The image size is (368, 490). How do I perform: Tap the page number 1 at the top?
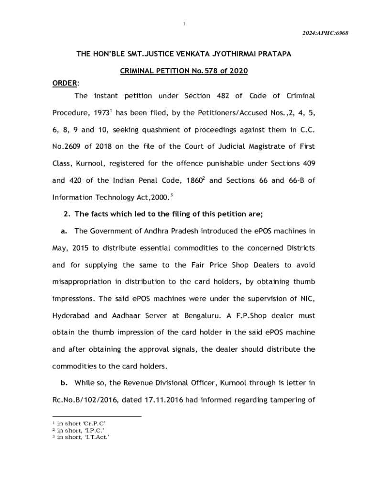tap(184, 23)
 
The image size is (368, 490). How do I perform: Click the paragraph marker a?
tap(64, 231)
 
